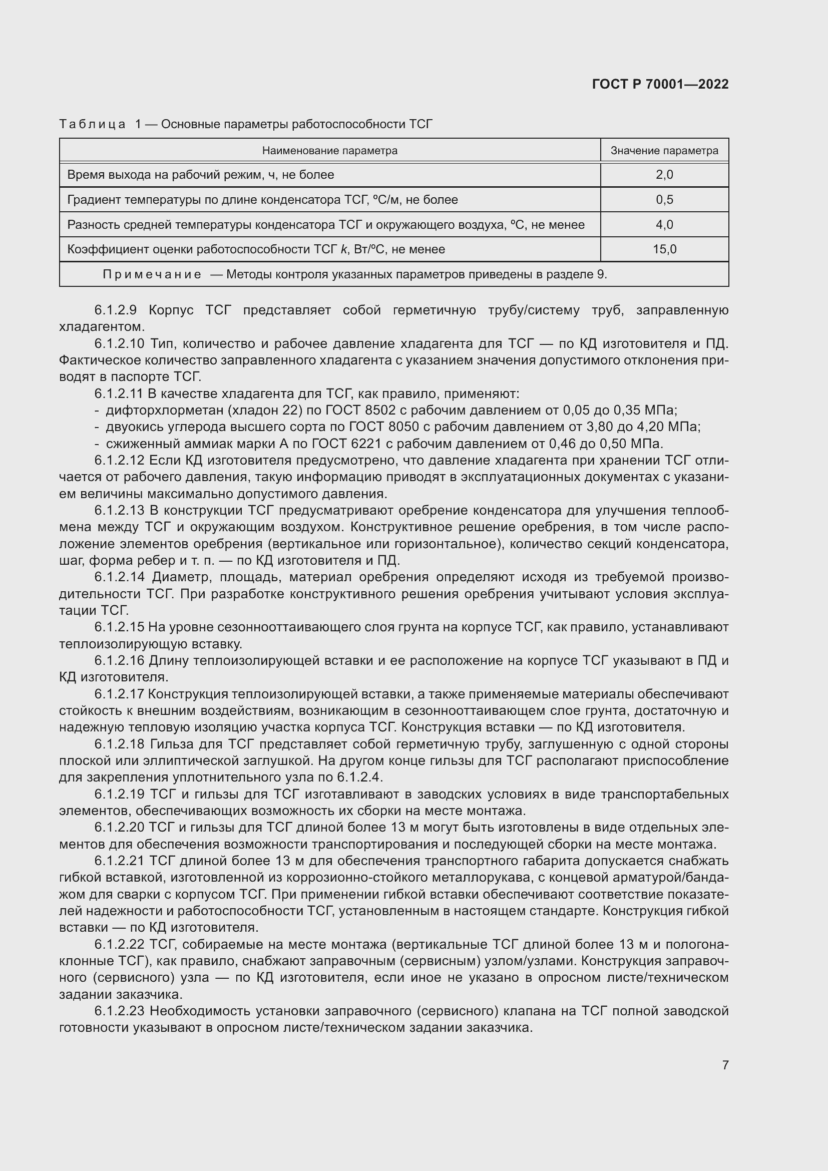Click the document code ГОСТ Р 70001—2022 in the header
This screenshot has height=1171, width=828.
click(660, 84)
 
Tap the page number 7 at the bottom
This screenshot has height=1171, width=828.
click(725, 1065)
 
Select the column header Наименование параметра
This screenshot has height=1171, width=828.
click(329, 151)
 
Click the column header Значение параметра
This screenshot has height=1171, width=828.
click(664, 151)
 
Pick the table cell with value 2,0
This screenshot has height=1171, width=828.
click(664, 175)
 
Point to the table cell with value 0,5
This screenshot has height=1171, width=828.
click(664, 200)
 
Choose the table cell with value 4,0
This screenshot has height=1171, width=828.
click(664, 224)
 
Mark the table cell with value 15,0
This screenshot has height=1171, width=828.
click(664, 249)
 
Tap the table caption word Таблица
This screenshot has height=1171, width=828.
click(92, 124)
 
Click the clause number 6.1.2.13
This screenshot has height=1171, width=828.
click(119, 511)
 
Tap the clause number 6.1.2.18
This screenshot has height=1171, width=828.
click(119, 744)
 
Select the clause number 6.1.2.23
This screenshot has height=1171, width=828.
click(119, 1011)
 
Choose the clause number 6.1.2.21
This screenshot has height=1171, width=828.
click(119, 861)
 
